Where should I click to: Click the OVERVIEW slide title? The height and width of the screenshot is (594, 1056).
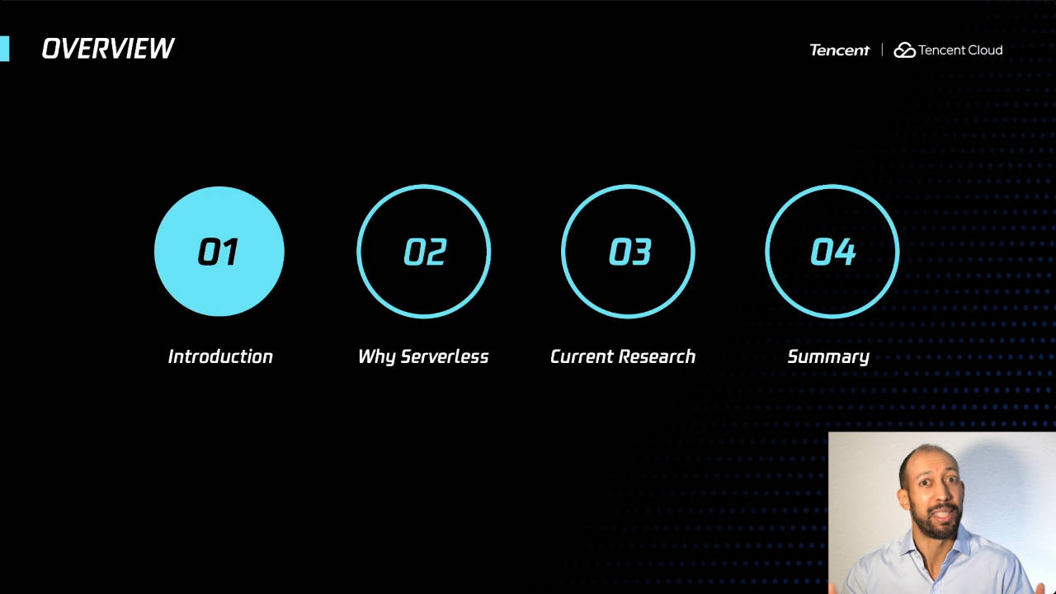[x=108, y=49]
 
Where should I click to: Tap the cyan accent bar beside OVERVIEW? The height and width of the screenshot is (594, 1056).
[x=4, y=49]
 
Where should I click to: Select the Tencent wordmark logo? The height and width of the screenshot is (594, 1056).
[x=839, y=50]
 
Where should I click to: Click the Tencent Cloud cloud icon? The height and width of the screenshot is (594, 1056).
[x=904, y=50]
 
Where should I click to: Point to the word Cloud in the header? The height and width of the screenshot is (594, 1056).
[x=984, y=50]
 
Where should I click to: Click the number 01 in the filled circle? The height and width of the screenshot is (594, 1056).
[x=218, y=252]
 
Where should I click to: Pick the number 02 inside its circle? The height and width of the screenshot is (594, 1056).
[x=425, y=252]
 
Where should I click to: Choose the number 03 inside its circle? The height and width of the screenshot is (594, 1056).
[x=629, y=252]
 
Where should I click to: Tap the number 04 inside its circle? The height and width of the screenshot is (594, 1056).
[x=832, y=252]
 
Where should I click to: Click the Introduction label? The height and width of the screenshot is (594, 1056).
[x=220, y=357]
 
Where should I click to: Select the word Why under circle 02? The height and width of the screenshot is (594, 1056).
[x=376, y=357]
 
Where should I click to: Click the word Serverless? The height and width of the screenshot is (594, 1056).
[x=445, y=357]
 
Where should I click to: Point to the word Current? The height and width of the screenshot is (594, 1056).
[x=582, y=357]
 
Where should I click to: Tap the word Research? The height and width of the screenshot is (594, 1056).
[x=658, y=357]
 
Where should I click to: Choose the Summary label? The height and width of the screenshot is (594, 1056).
[x=828, y=357]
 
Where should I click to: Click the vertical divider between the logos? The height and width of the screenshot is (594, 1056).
[x=882, y=50]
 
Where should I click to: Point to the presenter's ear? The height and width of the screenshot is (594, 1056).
[x=903, y=500]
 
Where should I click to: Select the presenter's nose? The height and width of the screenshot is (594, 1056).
[x=940, y=496]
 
